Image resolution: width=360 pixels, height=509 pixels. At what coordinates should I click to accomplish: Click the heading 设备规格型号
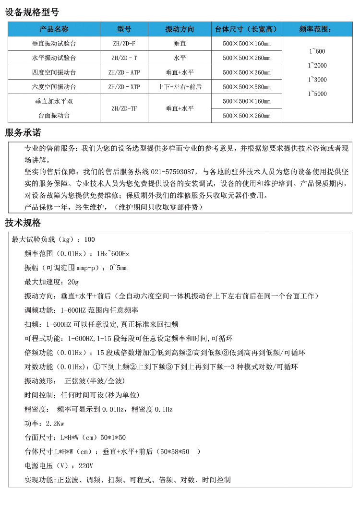coord(32,12)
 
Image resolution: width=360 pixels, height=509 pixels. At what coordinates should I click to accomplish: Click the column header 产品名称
coord(54,29)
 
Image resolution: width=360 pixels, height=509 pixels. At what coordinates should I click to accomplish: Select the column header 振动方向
coord(180,29)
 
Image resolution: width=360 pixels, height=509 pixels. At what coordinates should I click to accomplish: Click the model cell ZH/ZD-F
coord(124,44)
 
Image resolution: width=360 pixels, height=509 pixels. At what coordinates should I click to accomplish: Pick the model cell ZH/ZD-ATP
coord(124,72)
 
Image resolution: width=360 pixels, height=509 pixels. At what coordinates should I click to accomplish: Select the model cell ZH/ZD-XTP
coord(124,87)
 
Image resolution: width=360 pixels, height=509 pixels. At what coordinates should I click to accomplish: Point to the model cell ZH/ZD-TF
coord(124,108)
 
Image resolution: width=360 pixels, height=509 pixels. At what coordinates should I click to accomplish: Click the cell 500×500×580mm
coord(246,87)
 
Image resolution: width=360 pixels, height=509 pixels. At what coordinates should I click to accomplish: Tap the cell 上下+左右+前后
coord(180,87)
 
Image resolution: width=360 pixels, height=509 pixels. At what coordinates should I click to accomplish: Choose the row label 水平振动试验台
coord(54,58)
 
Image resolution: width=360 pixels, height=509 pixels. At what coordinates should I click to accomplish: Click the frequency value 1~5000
coord(317,94)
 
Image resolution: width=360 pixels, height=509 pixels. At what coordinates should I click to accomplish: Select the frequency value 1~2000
coord(317,66)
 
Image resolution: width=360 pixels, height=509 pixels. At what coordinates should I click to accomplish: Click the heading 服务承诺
coord(23,132)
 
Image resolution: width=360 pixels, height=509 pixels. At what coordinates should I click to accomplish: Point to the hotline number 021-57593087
coord(172,171)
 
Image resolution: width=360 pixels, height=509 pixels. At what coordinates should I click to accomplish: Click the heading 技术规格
coord(23,223)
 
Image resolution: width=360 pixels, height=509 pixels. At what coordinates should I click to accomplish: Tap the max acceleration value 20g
coord(73,282)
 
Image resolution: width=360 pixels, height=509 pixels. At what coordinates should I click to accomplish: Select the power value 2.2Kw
coord(55,424)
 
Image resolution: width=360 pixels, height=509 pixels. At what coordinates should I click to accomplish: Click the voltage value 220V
coord(85,466)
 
